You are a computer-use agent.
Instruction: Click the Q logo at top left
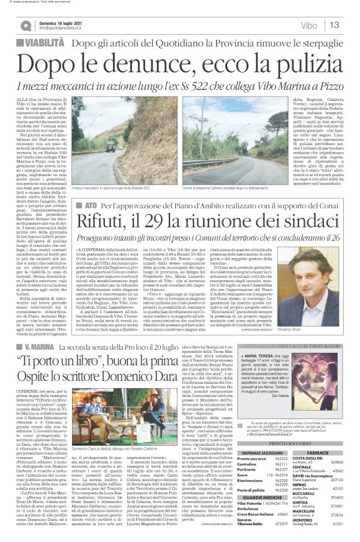tap(25, 25)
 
